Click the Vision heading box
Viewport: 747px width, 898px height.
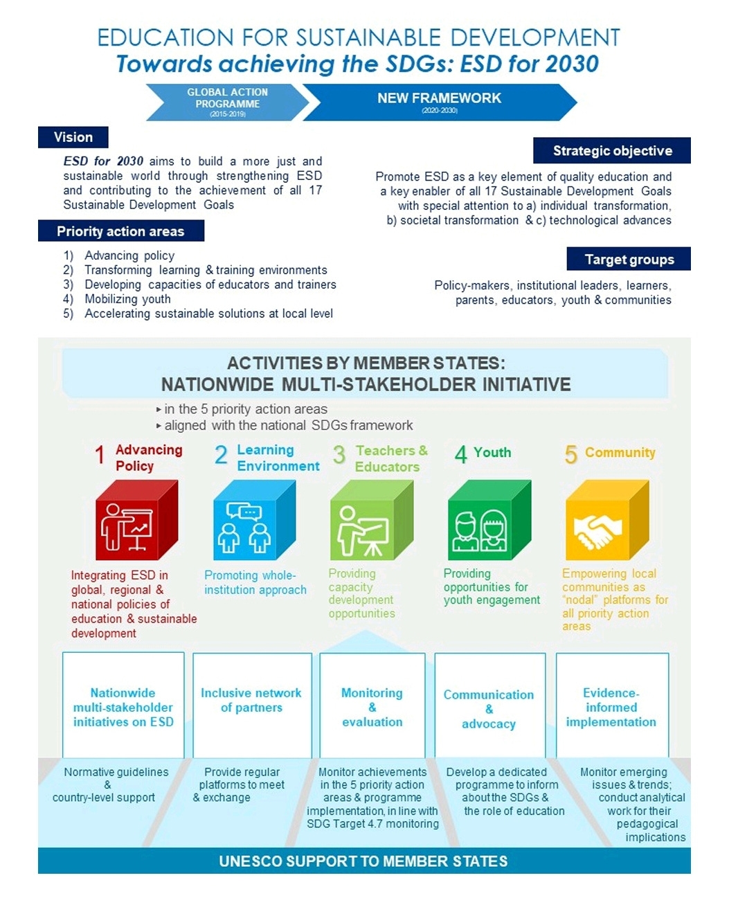(73, 137)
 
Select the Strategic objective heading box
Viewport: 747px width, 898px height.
(612, 151)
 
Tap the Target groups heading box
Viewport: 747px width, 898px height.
(629, 260)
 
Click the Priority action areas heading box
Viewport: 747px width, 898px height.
(120, 231)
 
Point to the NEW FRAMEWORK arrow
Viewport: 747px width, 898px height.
(439, 102)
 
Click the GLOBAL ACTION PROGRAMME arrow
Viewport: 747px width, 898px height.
(227, 102)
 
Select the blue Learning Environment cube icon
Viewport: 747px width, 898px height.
(253, 521)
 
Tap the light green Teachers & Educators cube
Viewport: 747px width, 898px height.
(370, 521)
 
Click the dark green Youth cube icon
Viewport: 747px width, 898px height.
(489, 521)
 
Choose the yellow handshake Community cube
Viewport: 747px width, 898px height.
(606, 521)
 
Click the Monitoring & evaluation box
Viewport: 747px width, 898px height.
(372, 706)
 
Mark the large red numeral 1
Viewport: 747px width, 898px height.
(100, 456)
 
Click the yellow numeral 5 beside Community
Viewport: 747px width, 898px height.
(570, 454)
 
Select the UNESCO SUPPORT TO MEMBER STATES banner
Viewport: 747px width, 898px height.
(364, 861)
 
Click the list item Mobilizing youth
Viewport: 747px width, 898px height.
(127, 299)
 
